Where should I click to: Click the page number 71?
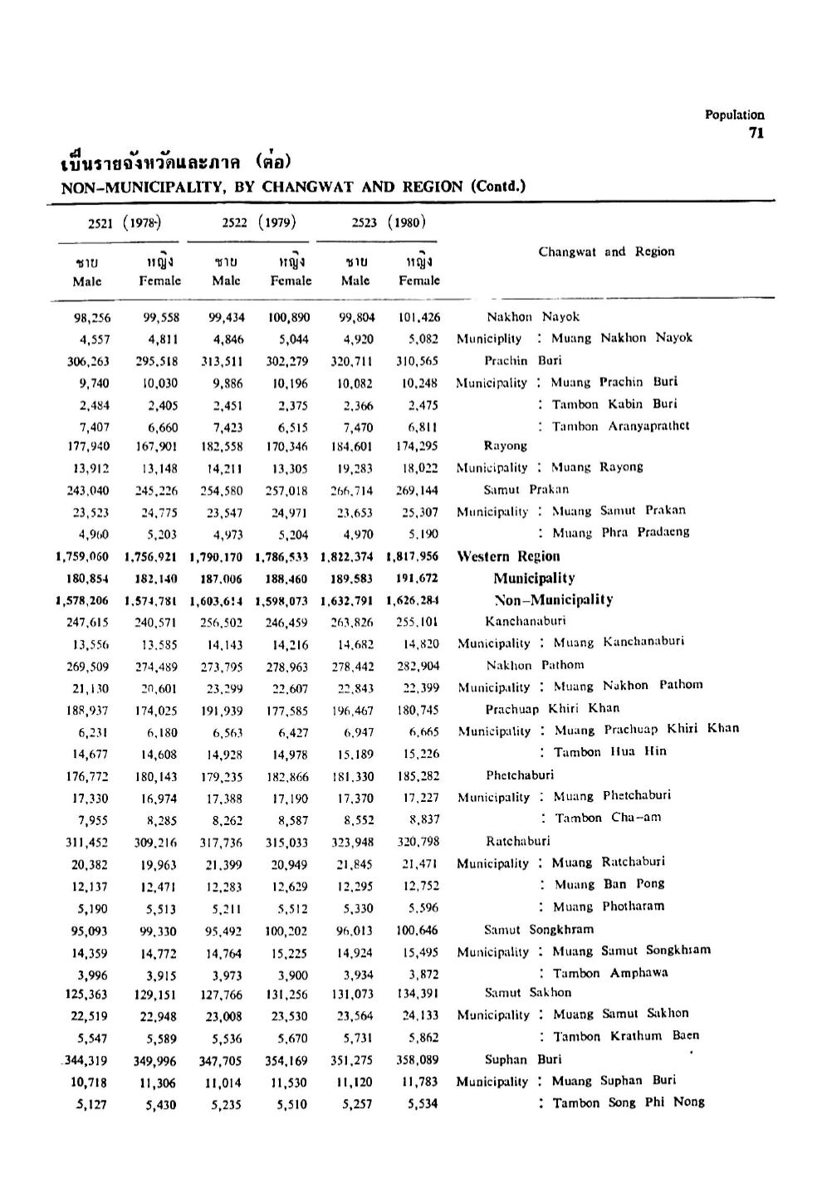tap(756, 133)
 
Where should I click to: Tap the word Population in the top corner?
tap(735, 115)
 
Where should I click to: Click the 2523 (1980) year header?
tap(388, 222)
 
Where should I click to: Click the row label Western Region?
tap(509, 556)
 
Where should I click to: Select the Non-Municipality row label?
tap(553, 599)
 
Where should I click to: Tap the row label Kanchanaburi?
tap(526, 621)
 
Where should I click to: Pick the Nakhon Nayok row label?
tap(533, 316)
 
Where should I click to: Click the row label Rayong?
tap(506, 446)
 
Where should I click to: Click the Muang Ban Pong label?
tap(609, 884)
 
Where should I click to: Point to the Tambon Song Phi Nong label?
tap(629, 1102)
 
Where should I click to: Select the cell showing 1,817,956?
tap(413, 557)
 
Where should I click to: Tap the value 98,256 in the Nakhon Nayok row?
tap(92, 317)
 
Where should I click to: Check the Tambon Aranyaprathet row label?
tap(620, 426)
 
